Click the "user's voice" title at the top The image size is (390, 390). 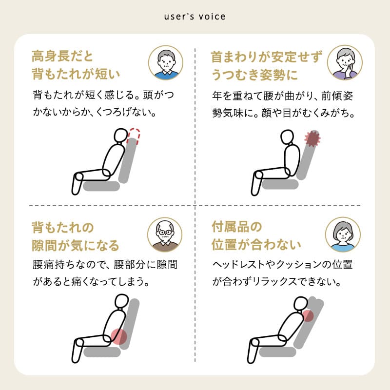pos(195,16)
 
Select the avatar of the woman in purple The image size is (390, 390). pos(345,63)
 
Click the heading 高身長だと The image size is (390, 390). pos(61,57)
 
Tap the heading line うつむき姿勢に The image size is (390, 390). pos(254,75)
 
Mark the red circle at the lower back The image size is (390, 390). pos(118,336)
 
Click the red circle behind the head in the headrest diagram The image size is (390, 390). pos(307,316)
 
